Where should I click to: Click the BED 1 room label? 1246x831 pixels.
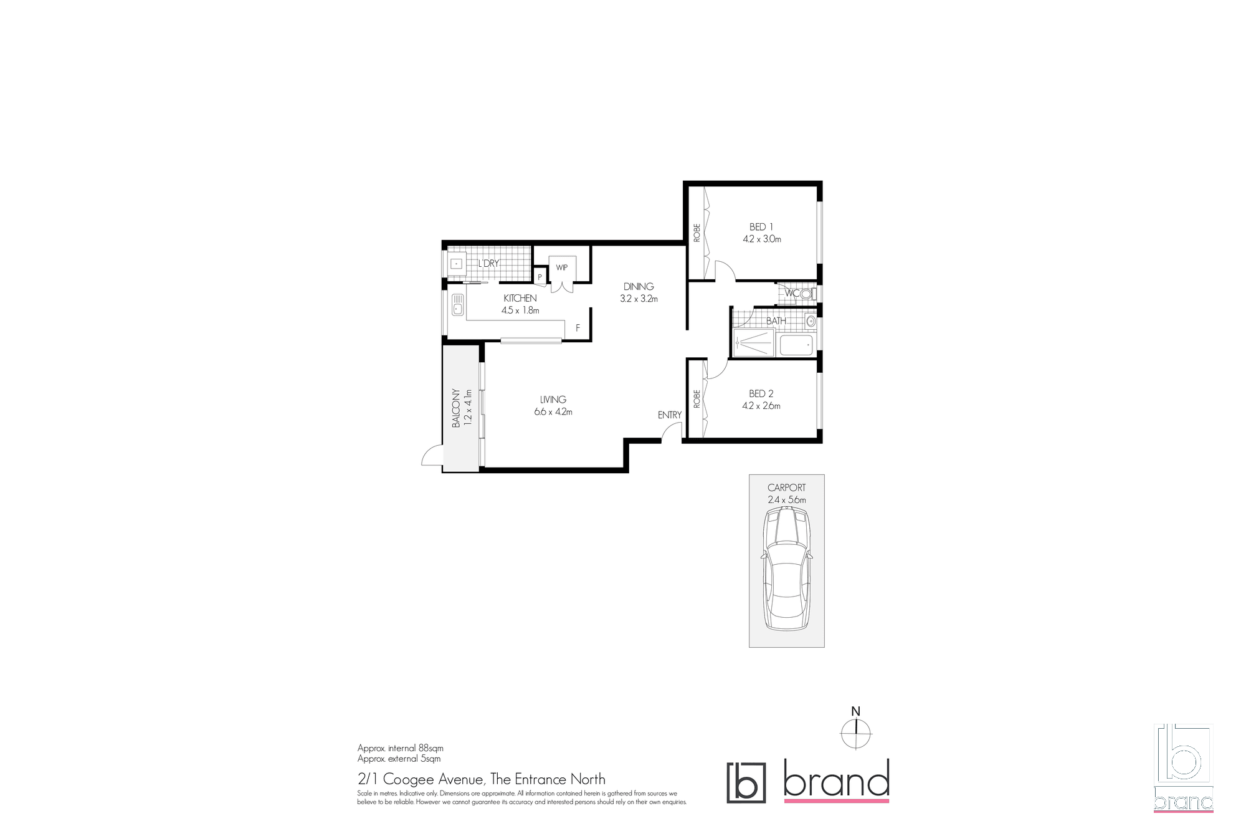click(x=761, y=227)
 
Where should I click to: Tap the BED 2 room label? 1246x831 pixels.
click(x=761, y=394)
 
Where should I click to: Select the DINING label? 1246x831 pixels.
click(x=639, y=287)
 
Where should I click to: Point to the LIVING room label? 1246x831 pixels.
click(x=553, y=400)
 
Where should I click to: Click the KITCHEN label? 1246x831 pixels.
click(x=520, y=299)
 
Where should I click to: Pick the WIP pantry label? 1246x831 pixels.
click(x=562, y=267)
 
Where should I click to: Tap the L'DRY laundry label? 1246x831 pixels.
click(x=488, y=264)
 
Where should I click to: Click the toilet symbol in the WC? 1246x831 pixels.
click(x=807, y=293)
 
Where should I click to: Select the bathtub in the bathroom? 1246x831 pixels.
click(x=796, y=345)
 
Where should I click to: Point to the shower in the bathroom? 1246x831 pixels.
click(x=753, y=343)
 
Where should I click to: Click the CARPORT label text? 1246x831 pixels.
click(x=787, y=488)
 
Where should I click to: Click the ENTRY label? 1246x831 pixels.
click(x=670, y=415)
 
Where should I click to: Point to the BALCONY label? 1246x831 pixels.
click(x=456, y=408)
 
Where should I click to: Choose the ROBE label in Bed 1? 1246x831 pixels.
click(x=697, y=233)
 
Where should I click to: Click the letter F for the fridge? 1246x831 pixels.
click(x=578, y=329)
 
